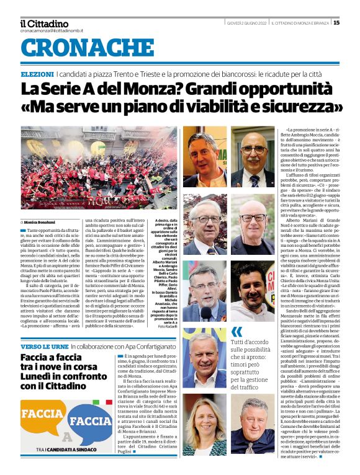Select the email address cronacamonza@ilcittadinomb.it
pos(52,31)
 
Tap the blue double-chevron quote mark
pos(236,332)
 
